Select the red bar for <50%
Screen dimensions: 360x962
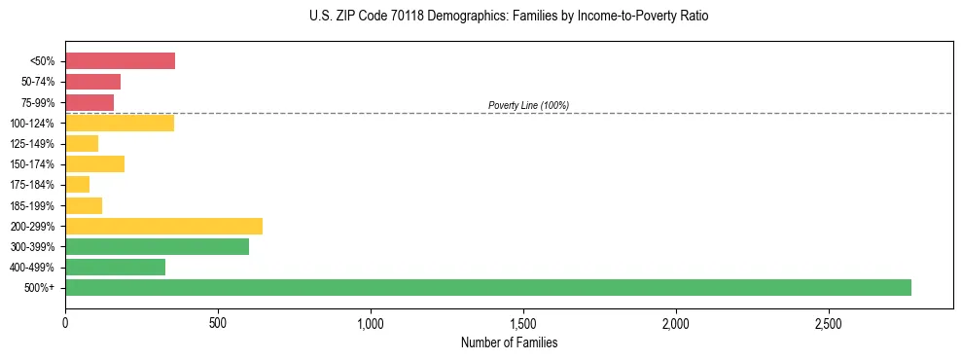[120, 61]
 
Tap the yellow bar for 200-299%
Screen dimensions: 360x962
[163, 226]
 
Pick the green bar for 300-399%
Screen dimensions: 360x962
[157, 246]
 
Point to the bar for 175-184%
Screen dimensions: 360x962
[77, 185]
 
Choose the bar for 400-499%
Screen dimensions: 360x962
[115, 267]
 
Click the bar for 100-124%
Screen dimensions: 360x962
[120, 123]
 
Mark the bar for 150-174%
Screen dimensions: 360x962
[94, 163]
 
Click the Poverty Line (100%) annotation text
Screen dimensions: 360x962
[528, 105]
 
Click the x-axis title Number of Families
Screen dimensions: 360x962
[509, 342]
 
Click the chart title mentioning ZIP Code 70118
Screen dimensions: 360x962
[509, 17]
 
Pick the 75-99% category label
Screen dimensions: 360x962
[38, 102]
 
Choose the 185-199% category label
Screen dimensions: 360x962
[35, 205]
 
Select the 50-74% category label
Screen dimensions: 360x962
[38, 82]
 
